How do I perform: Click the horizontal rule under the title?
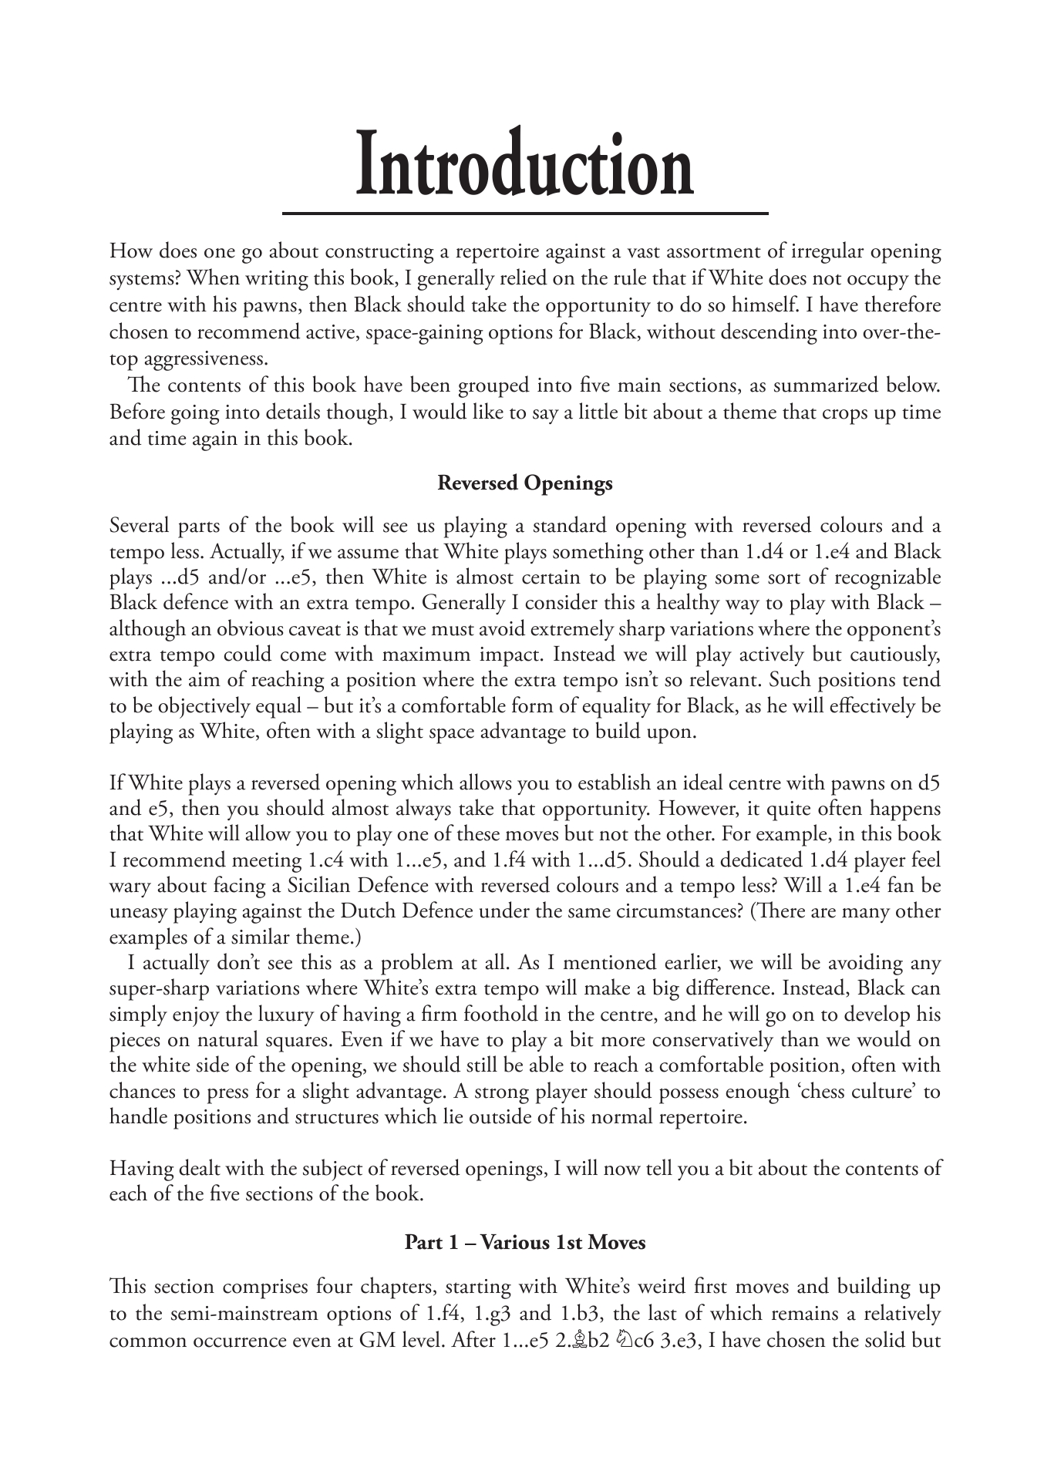pos(525,212)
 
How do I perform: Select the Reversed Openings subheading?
pos(525,483)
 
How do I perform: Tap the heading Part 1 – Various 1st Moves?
pos(525,1243)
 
